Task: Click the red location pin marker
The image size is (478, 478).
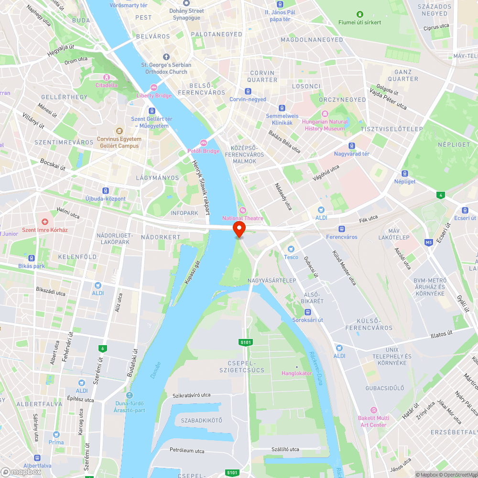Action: pyautogui.click(x=239, y=228)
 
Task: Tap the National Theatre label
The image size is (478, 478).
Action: pyautogui.click(x=242, y=218)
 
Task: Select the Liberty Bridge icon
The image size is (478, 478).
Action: pyautogui.click(x=154, y=87)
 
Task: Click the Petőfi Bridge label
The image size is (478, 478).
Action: pyautogui.click(x=204, y=151)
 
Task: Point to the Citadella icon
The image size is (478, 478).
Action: pyautogui.click(x=106, y=77)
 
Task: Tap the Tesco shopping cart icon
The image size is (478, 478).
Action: pyautogui.click(x=291, y=249)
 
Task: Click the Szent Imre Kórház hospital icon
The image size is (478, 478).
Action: pyautogui.click(x=45, y=222)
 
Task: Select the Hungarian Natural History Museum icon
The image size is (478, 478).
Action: pyautogui.click(x=325, y=114)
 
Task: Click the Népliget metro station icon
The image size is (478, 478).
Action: pyautogui.click(x=405, y=174)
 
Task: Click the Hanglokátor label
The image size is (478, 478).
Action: pyautogui.click(x=296, y=373)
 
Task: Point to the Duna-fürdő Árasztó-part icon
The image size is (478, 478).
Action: pyautogui.click(x=130, y=395)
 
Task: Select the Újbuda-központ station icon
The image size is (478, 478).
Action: pyautogui.click(x=105, y=190)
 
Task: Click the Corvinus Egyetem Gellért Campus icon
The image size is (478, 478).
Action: pyautogui.click(x=119, y=131)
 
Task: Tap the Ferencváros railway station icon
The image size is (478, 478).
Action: pyautogui.click(x=342, y=229)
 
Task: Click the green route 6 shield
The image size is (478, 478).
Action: pyautogui.click(x=102, y=348)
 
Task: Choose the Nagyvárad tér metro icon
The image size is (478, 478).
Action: pyautogui.click(x=352, y=146)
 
